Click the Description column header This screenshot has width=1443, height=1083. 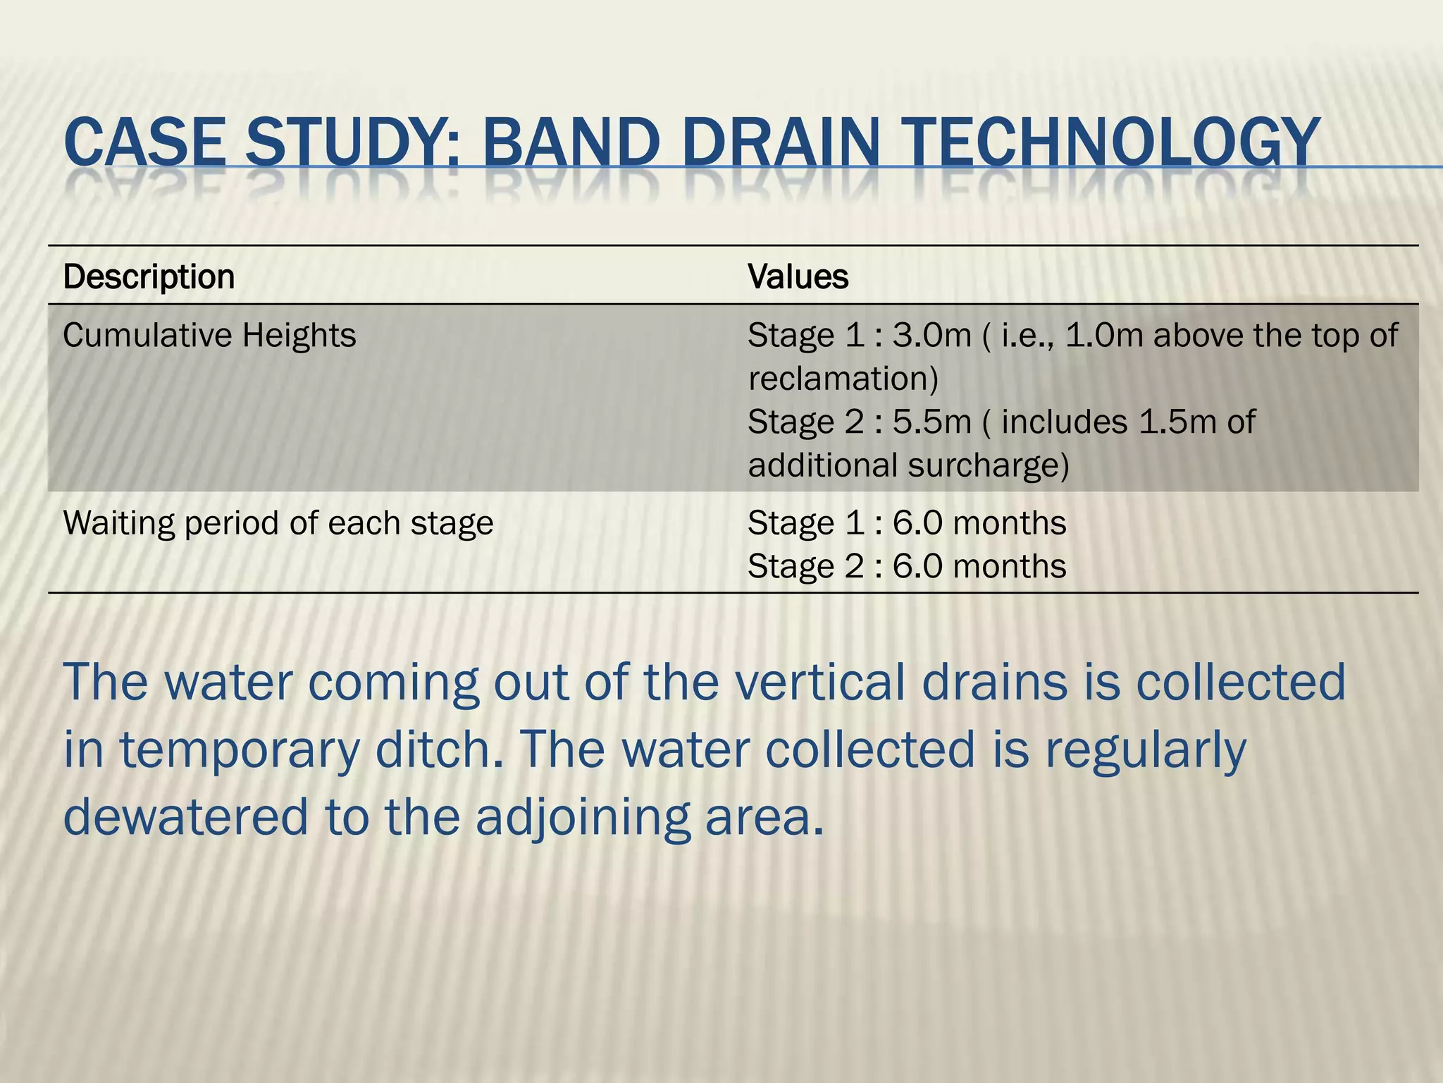[x=149, y=277]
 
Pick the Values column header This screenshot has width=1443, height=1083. [x=798, y=277]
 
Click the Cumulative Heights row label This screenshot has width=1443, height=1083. [x=209, y=336]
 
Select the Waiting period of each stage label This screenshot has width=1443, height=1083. [x=278, y=523]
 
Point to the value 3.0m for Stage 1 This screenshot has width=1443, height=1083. [x=931, y=336]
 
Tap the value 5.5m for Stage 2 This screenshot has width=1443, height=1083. [x=931, y=422]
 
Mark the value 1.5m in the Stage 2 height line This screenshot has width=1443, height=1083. [x=1167, y=422]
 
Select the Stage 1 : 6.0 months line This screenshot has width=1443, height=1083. [x=907, y=523]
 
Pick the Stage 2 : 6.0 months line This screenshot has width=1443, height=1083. [x=907, y=567]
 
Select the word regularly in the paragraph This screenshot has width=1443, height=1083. [x=1145, y=751]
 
